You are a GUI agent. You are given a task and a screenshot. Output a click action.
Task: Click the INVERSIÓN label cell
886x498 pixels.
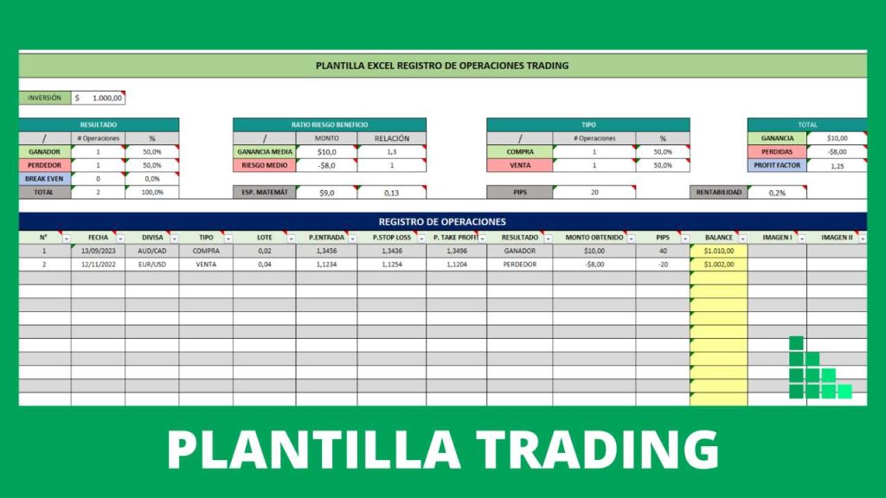pyautogui.click(x=44, y=98)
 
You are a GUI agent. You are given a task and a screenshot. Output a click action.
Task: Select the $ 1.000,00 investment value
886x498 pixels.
pyautogui.click(x=99, y=98)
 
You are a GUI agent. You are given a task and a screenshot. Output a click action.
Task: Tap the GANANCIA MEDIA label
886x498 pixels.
pyautogui.click(x=264, y=151)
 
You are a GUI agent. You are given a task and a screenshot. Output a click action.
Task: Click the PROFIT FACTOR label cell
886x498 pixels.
pyautogui.click(x=776, y=165)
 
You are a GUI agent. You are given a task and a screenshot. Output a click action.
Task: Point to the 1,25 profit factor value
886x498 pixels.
pyautogui.click(x=837, y=165)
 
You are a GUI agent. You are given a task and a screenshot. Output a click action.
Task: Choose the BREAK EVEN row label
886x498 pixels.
pyautogui.click(x=44, y=178)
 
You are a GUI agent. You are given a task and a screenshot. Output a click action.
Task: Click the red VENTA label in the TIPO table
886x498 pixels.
pyautogui.click(x=519, y=165)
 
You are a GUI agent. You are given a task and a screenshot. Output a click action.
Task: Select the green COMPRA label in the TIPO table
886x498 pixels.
pyautogui.click(x=519, y=151)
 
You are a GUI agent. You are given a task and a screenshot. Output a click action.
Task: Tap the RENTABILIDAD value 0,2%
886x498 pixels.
pyautogui.click(x=776, y=193)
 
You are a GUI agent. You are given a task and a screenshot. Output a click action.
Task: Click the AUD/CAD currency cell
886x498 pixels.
pyautogui.click(x=151, y=251)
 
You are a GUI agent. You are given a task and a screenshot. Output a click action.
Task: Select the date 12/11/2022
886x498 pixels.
pyautogui.click(x=98, y=265)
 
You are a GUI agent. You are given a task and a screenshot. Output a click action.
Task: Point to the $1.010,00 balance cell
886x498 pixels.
pyautogui.click(x=718, y=251)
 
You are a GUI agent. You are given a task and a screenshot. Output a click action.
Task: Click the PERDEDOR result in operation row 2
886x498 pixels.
pyautogui.click(x=519, y=265)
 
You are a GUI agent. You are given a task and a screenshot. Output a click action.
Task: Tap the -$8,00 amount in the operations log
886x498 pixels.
pyautogui.click(x=594, y=265)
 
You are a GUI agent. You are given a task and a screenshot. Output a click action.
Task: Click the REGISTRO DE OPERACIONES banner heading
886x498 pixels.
pyautogui.click(x=442, y=221)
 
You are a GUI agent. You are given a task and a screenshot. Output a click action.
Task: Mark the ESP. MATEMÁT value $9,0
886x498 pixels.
pyautogui.click(x=326, y=193)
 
